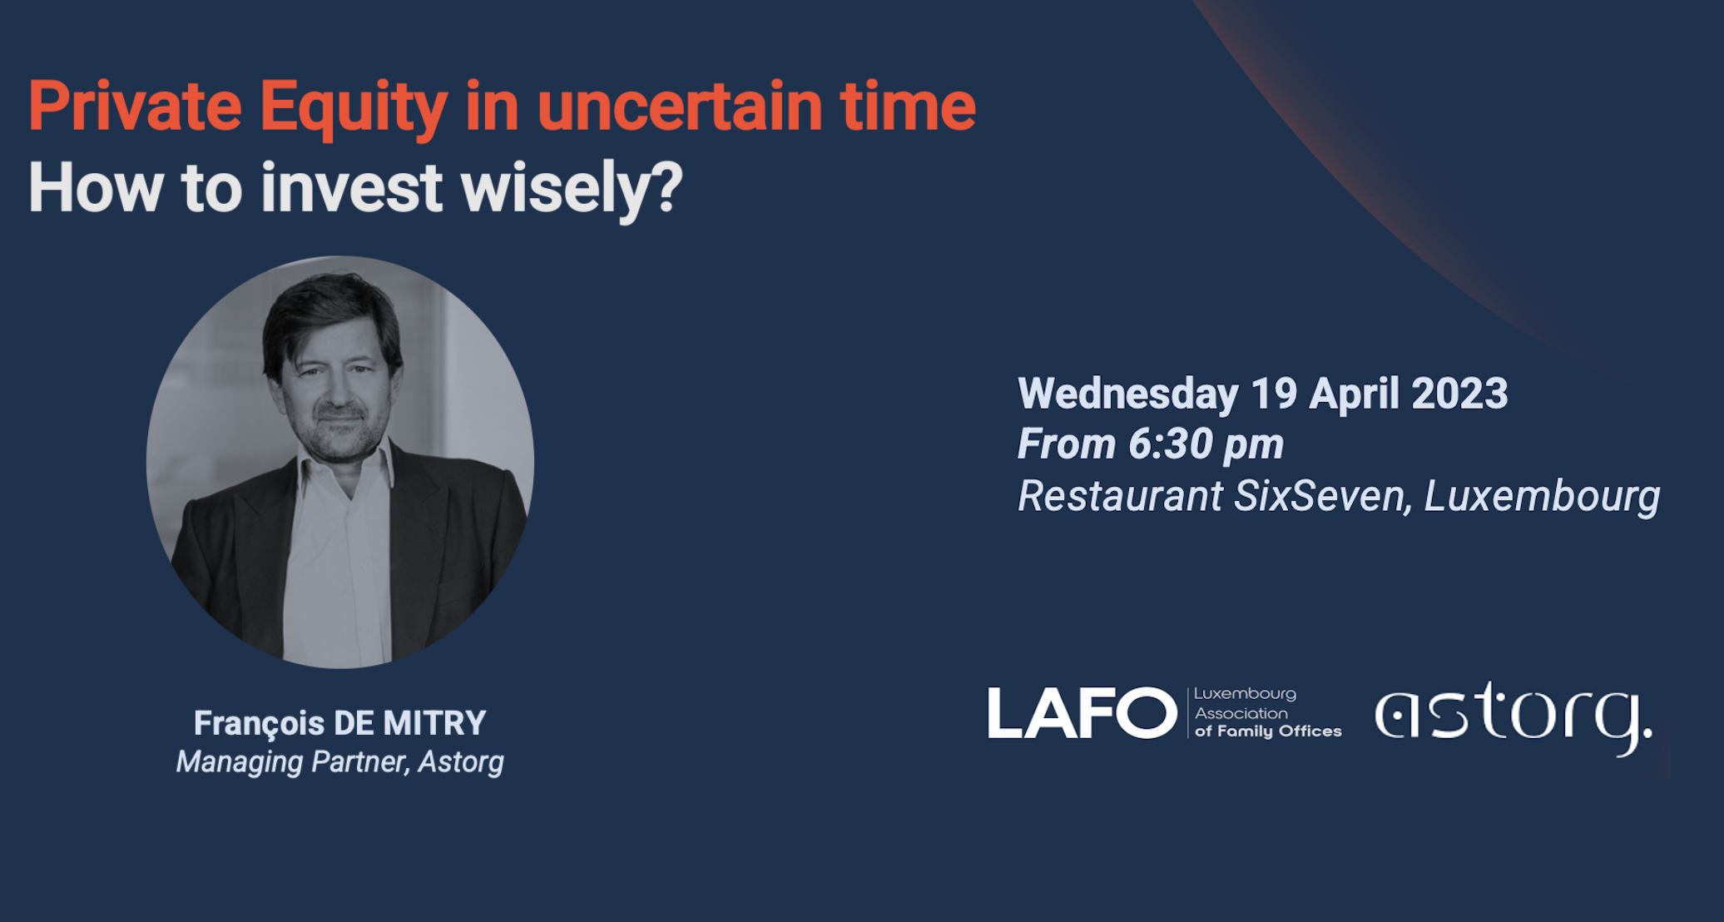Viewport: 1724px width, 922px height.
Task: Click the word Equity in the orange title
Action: point(353,108)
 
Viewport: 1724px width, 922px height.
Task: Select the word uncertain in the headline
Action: point(679,108)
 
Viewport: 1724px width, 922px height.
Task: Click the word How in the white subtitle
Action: point(95,189)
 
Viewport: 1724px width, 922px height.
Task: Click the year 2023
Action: point(1459,394)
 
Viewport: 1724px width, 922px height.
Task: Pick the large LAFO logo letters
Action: point(1082,714)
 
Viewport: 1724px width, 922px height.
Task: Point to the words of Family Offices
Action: point(1268,731)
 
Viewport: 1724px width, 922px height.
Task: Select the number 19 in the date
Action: point(1274,394)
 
